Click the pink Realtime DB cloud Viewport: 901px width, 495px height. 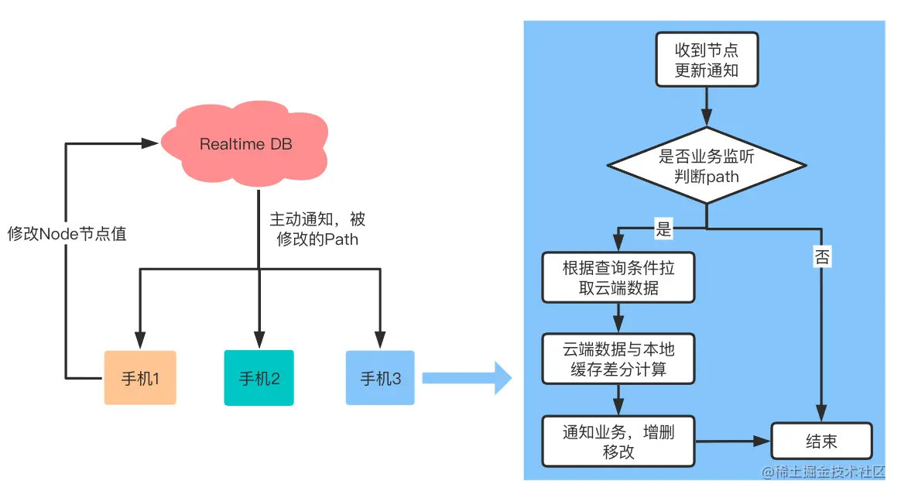pyautogui.click(x=246, y=144)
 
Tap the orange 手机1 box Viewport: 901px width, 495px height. pyautogui.click(x=140, y=378)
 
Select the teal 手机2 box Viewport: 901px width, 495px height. pyautogui.click(x=259, y=378)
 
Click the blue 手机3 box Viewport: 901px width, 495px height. pyautogui.click(x=380, y=378)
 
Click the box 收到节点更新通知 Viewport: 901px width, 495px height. pyautogui.click(x=706, y=60)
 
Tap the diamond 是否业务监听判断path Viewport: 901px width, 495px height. pyautogui.click(x=706, y=167)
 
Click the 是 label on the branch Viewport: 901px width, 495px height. pyautogui.click(x=664, y=229)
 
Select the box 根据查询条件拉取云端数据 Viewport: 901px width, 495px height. pyautogui.click(x=618, y=277)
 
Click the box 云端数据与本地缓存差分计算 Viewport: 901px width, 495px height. pyautogui.click(x=618, y=359)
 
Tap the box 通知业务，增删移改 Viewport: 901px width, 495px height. pyautogui.click(x=618, y=442)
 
